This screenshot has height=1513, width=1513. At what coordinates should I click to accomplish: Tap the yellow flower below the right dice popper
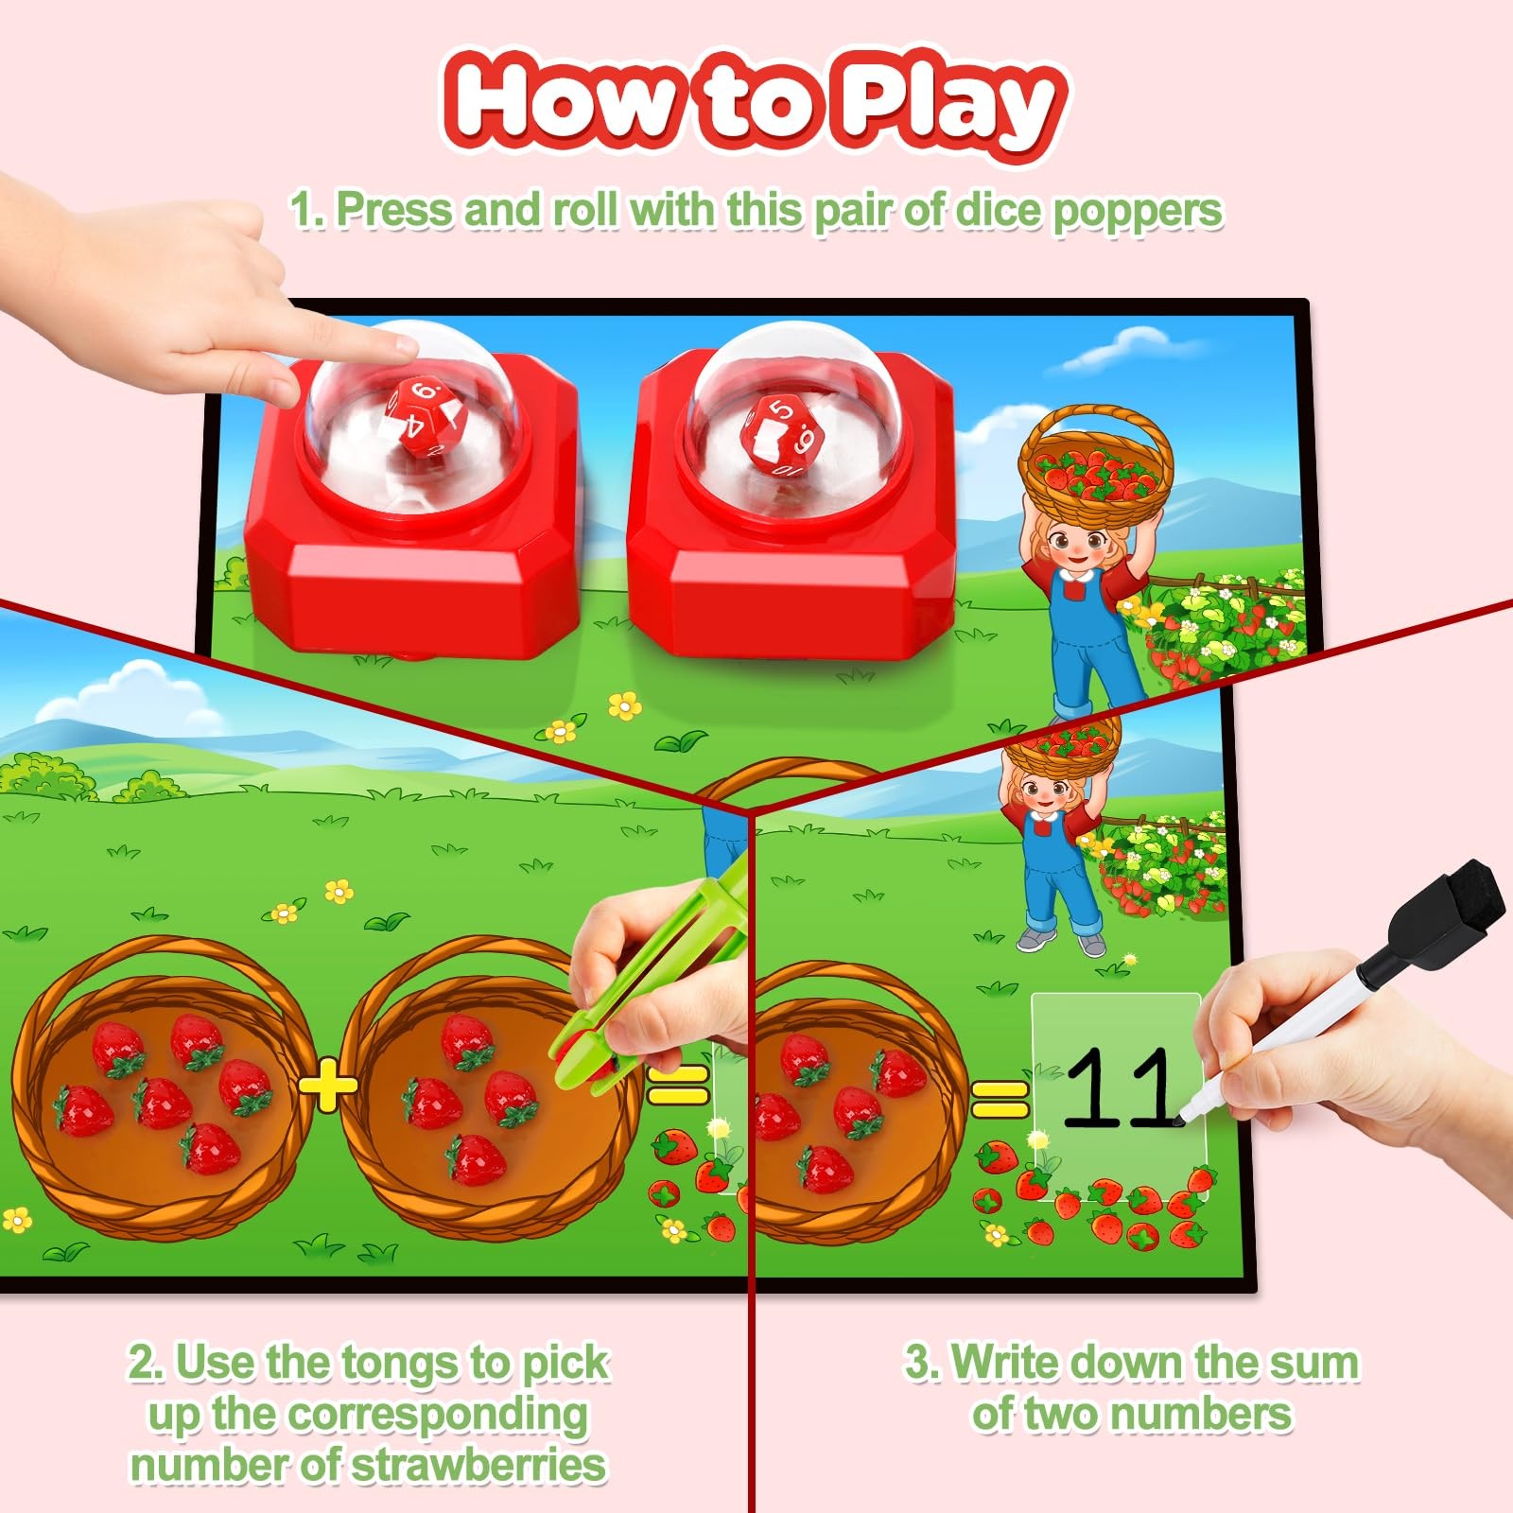[625, 705]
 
